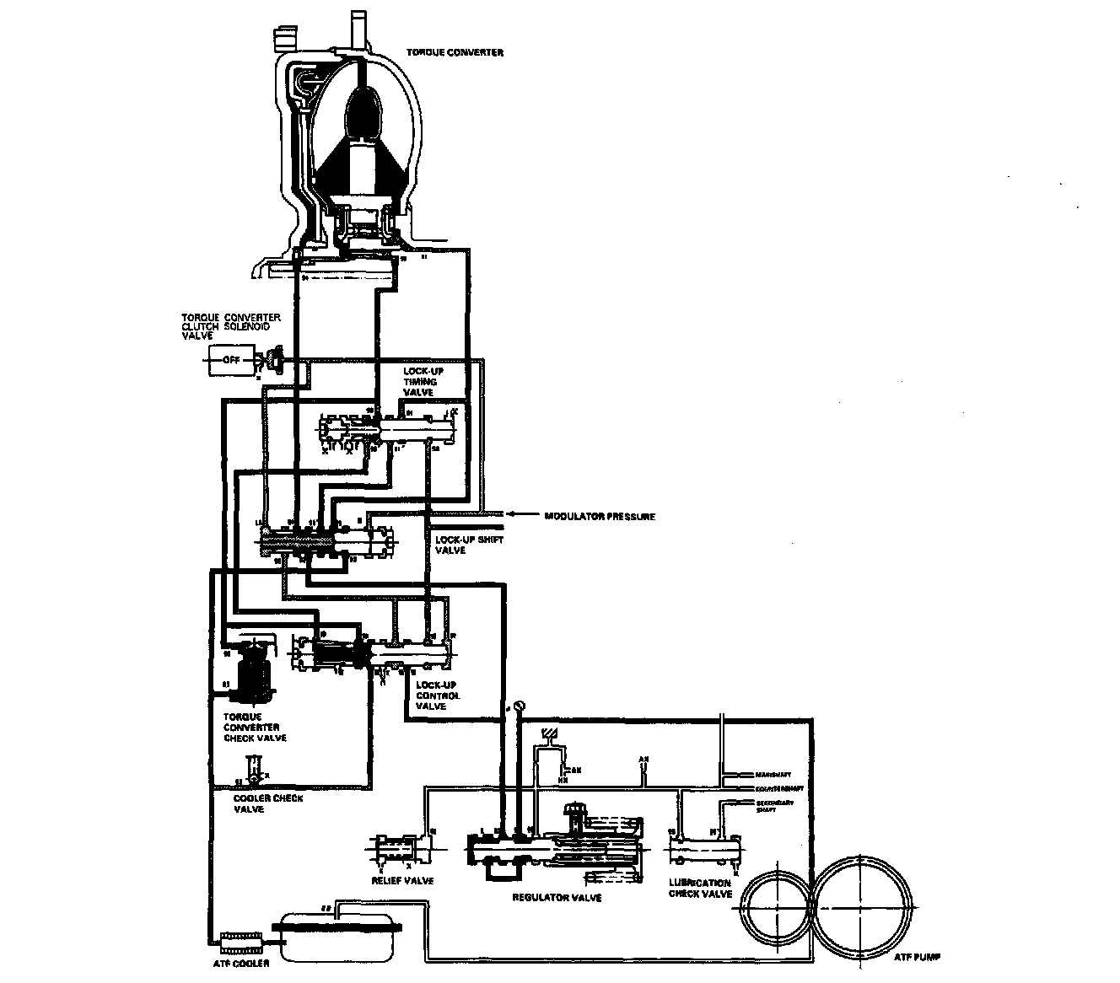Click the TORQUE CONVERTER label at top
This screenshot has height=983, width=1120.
click(466, 52)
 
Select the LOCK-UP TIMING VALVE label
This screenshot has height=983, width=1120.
click(420, 381)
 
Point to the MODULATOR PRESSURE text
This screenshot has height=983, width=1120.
click(600, 516)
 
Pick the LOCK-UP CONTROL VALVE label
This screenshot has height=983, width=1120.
click(439, 696)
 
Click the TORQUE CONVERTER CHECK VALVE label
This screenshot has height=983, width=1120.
click(255, 727)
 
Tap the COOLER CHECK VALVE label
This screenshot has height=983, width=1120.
click(267, 803)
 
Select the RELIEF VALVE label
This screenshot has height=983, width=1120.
click(402, 881)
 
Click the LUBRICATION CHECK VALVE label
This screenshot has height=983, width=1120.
click(700, 889)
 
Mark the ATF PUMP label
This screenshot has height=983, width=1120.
click(917, 957)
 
